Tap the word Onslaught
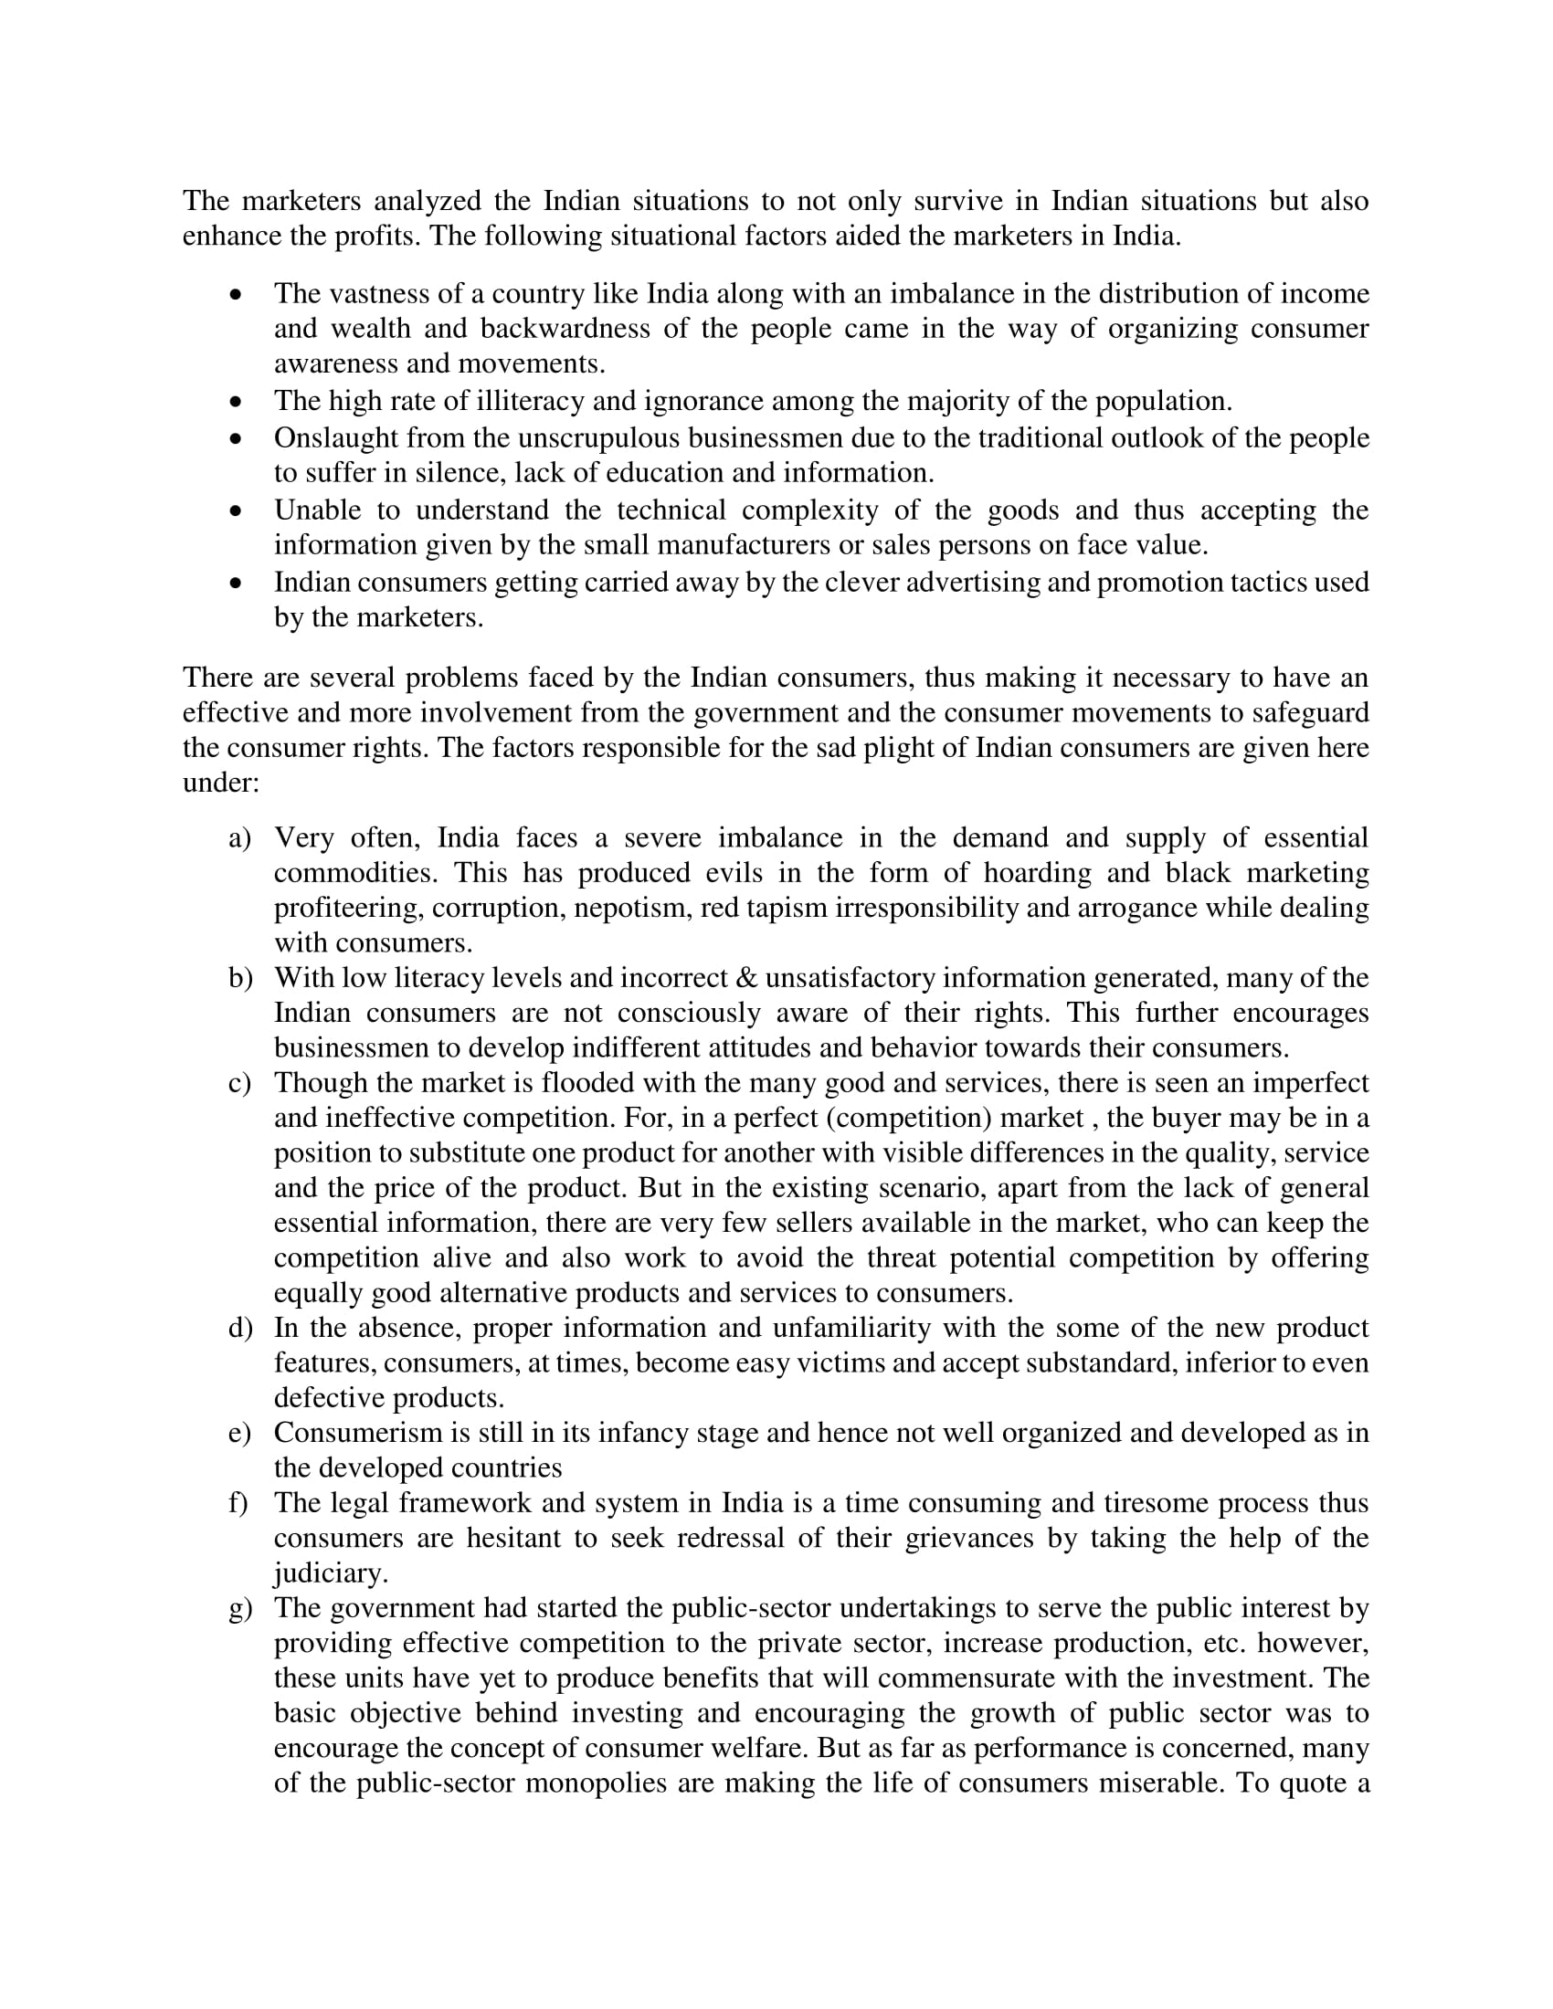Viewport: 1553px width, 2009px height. [x=336, y=437]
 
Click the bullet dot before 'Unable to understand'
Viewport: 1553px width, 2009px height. [x=237, y=510]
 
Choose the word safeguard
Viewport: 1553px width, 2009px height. [x=1308, y=712]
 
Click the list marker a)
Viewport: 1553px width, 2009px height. [x=239, y=838]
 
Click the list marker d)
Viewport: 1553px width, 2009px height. [x=239, y=1328]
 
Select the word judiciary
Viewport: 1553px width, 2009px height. [x=331, y=1573]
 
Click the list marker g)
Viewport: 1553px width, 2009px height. [x=239, y=1608]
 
